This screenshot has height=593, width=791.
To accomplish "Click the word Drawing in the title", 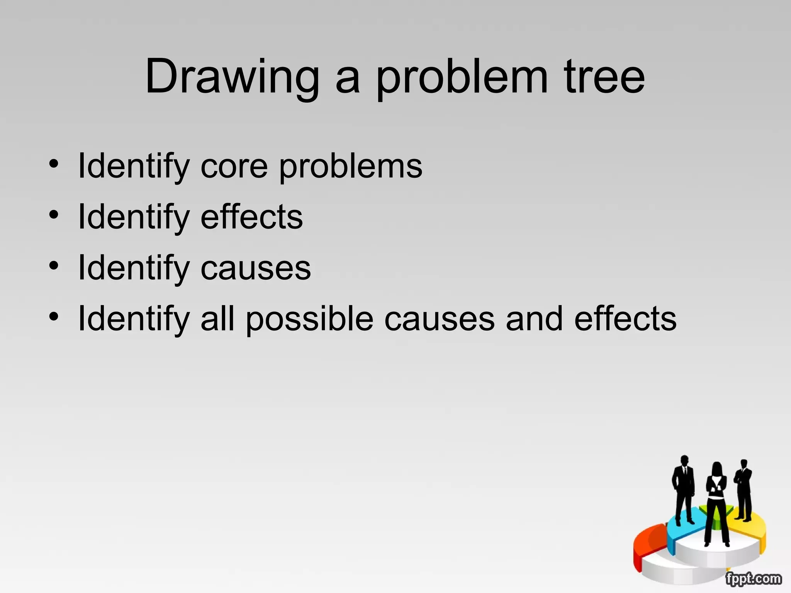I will coord(232,77).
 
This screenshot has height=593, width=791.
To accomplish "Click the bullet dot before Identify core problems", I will coord(54,164).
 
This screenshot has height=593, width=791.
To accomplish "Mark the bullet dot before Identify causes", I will coord(54,266).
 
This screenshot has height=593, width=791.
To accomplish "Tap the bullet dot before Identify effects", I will coord(54,215).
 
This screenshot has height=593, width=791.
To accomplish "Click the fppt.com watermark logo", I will coord(753,579).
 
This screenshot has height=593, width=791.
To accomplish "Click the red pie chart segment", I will coord(649,544).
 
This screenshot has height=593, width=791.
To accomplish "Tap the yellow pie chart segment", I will coord(753,529).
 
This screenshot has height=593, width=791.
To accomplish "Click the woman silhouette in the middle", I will coord(716,502).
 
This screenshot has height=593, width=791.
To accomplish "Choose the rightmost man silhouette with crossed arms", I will coord(743,488).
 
